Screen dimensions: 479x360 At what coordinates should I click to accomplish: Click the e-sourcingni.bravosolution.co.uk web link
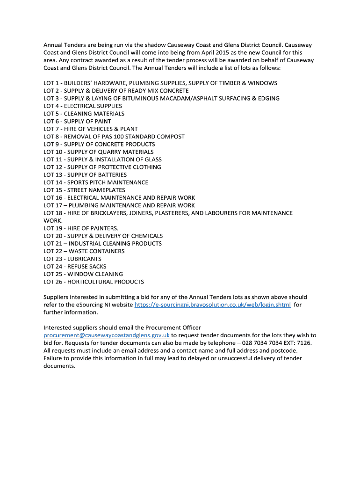pyautogui.click(x=213, y=305)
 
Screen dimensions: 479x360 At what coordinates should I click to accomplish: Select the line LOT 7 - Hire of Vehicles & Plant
pyautogui.click(x=91, y=129)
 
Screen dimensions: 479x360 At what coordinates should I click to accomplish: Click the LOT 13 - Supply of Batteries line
pyautogui.click(x=85, y=174)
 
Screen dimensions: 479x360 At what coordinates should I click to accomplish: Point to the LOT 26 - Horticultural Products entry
pyautogui.click(x=94, y=282)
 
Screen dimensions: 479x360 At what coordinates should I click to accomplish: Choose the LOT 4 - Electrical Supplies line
pyautogui.click(x=83, y=106)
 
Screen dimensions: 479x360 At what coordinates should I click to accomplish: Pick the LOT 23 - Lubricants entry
pyautogui.click(x=72, y=259)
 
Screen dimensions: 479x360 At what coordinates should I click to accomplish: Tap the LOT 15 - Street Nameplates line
pyautogui.click(x=84, y=190)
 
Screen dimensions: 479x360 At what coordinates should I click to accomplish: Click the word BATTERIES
pyautogui.click(x=110, y=174)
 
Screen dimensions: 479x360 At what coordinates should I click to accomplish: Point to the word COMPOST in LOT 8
pyautogui.click(x=171, y=136)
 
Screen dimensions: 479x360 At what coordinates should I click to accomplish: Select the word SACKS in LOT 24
pyautogui.click(x=97, y=266)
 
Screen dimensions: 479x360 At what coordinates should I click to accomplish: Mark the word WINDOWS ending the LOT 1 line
pyautogui.click(x=263, y=83)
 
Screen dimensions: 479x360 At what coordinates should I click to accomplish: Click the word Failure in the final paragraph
pyautogui.click(x=53, y=358)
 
